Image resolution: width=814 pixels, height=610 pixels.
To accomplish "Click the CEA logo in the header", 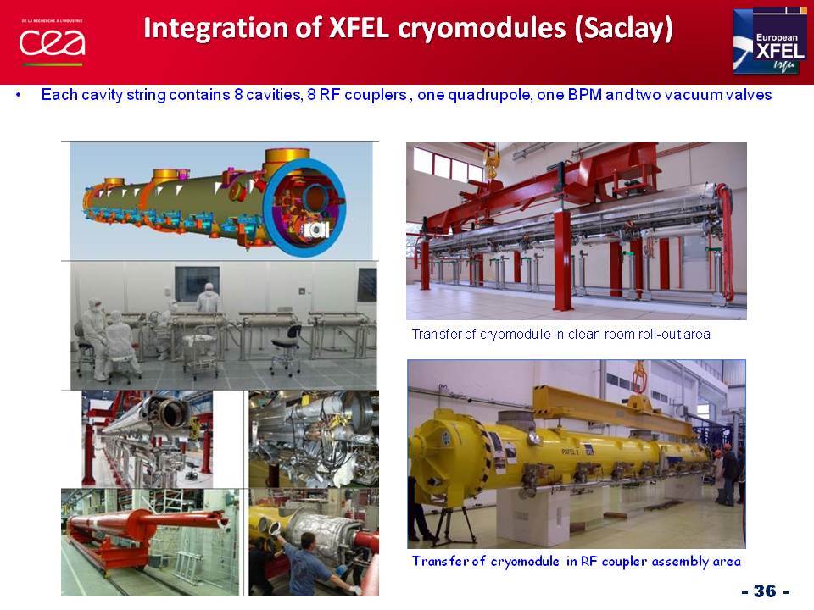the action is click(x=53, y=42).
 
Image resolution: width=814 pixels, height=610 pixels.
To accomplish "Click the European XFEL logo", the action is click(x=769, y=41).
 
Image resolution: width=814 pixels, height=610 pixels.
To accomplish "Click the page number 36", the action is click(x=765, y=591).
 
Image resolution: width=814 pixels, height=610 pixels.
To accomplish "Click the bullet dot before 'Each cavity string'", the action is click(x=20, y=95).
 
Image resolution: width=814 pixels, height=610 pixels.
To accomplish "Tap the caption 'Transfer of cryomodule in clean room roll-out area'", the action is click(x=560, y=334).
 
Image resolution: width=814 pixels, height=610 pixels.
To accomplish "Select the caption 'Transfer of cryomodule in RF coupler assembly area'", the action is click(x=577, y=561).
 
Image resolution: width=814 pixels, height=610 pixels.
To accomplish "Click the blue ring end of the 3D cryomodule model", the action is click(x=304, y=208).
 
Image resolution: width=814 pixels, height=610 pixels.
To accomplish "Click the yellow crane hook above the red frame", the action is click(x=490, y=162).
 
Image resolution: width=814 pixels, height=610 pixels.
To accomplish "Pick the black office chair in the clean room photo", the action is click(x=287, y=347).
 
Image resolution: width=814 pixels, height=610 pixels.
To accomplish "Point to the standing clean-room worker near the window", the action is click(x=208, y=298).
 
